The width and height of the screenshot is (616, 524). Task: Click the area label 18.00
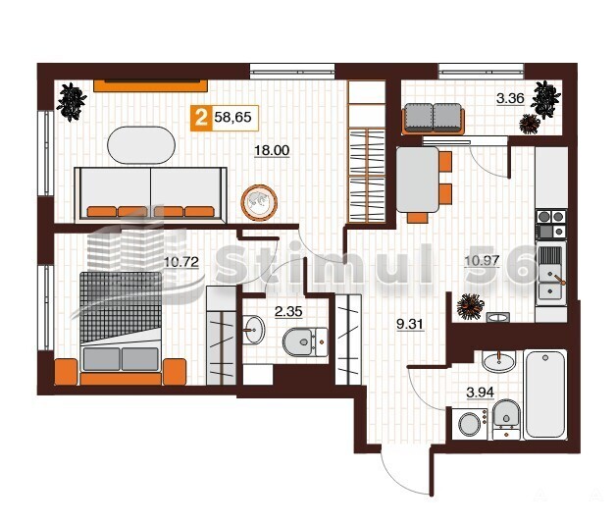[x=272, y=150]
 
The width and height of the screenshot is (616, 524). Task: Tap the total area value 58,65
[x=233, y=117]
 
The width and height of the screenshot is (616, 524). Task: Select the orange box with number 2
[x=201, y=118]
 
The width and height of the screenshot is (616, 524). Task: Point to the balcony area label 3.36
[x=510, y=98]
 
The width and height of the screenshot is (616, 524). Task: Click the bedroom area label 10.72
[x=181, y=262]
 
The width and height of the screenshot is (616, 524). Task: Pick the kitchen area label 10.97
[x=482, y=260]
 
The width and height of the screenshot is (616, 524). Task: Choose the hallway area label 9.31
[x=410, y=324]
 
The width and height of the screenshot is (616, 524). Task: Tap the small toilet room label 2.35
[x=288, y=312]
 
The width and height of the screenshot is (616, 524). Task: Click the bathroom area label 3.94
[x=480, y=392]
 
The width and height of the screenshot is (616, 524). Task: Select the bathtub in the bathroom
[x=545, y=394]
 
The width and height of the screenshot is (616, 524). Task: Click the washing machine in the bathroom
[x=470, y=424]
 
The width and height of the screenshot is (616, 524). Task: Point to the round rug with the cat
[x=259, y=203]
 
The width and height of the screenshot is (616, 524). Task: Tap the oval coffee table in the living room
[x=141, y=144]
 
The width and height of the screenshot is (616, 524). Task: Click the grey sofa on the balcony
[x=433, y=118]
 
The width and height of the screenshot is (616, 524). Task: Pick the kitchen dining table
[x=417, y=180]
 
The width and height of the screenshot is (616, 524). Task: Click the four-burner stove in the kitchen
[x=551, y=225]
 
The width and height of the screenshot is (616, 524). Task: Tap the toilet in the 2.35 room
[x=305, y=342]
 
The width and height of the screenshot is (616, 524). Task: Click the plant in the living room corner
[x=72, y=102]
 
